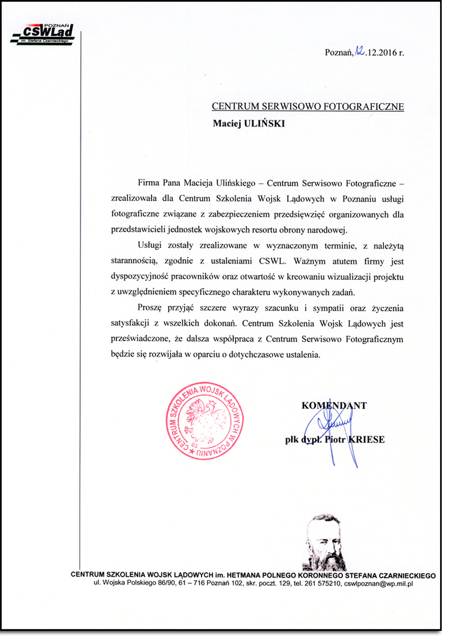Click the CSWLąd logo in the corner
pyautogui.click(x=43, y=35)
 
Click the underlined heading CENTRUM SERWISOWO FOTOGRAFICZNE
pyautogui.click(x=308, y=107)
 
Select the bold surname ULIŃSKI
pyautogui.click(x=264, y=124)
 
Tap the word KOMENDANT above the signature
pyautogui.click(x=334, y=405)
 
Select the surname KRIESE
pyautogui.click(x=366, y=440)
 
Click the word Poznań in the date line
pyautogui.click(x=338, y=53)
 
